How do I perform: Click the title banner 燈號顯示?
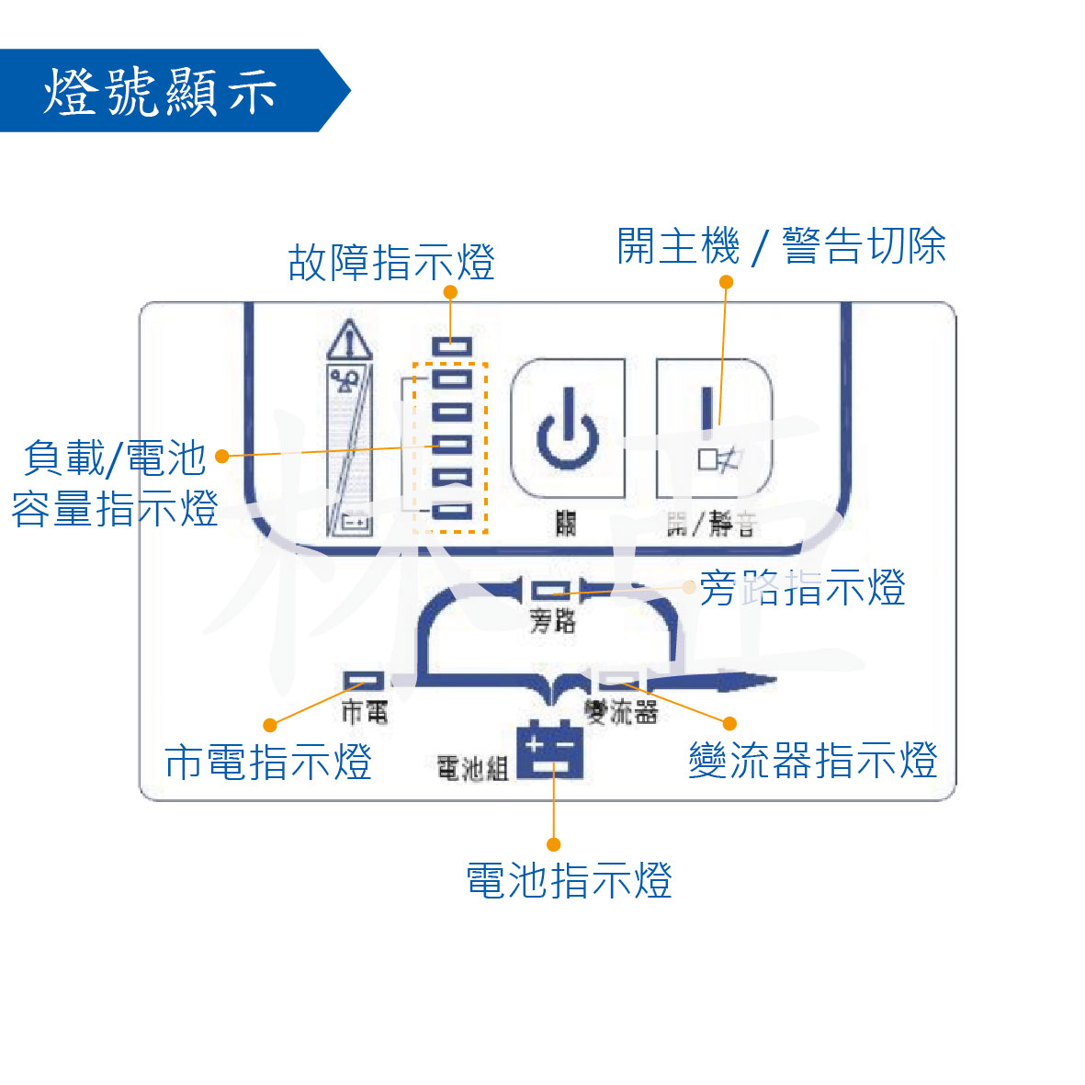pos(161,91)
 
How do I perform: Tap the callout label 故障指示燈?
pos(391,263)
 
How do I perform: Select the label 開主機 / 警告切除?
pos(781,246)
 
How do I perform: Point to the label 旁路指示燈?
pos(802,588)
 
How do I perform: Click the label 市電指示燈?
pos(268,762)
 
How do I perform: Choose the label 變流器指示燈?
pos(813,761)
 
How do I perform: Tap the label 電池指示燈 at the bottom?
pos(569,880)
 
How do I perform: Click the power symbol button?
pos(568,429)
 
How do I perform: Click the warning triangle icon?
pos(349,342)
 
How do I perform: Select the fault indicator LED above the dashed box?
pos(452,346)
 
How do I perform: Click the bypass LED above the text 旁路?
pos(551,589)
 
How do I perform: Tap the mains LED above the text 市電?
pos(365,681)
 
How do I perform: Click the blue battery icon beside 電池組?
pos(549,751)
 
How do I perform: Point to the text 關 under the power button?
pos(566,524)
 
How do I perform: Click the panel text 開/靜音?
pos(711,525)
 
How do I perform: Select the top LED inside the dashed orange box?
pos(451,378)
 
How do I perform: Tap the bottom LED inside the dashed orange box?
pos(451,511)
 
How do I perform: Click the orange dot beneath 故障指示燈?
pos(450,292)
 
